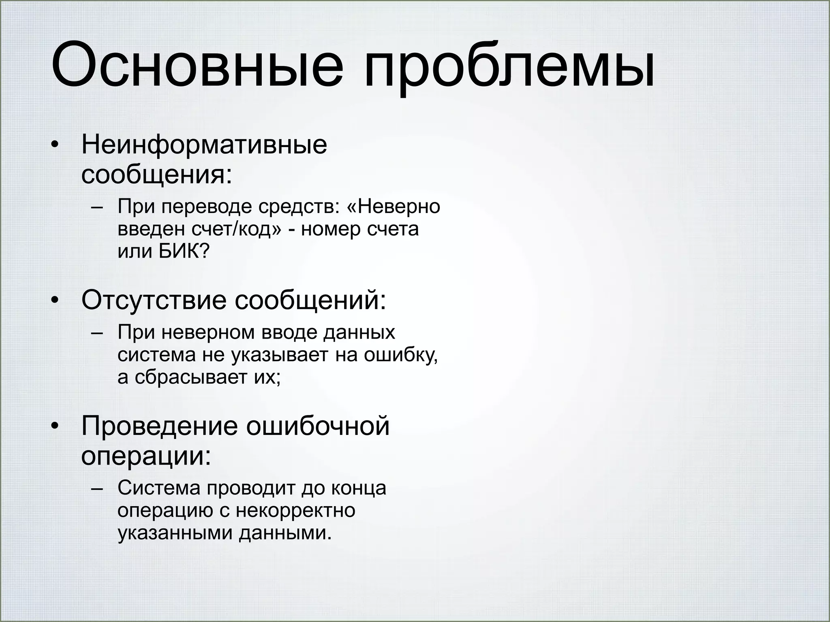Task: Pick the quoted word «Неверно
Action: coord(394,207)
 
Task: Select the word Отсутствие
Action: coord(154,300)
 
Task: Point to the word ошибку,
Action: coord(401,355)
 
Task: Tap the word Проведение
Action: coord(160,426)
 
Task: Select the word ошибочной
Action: coord(318,426)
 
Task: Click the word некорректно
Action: coord(295,511)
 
